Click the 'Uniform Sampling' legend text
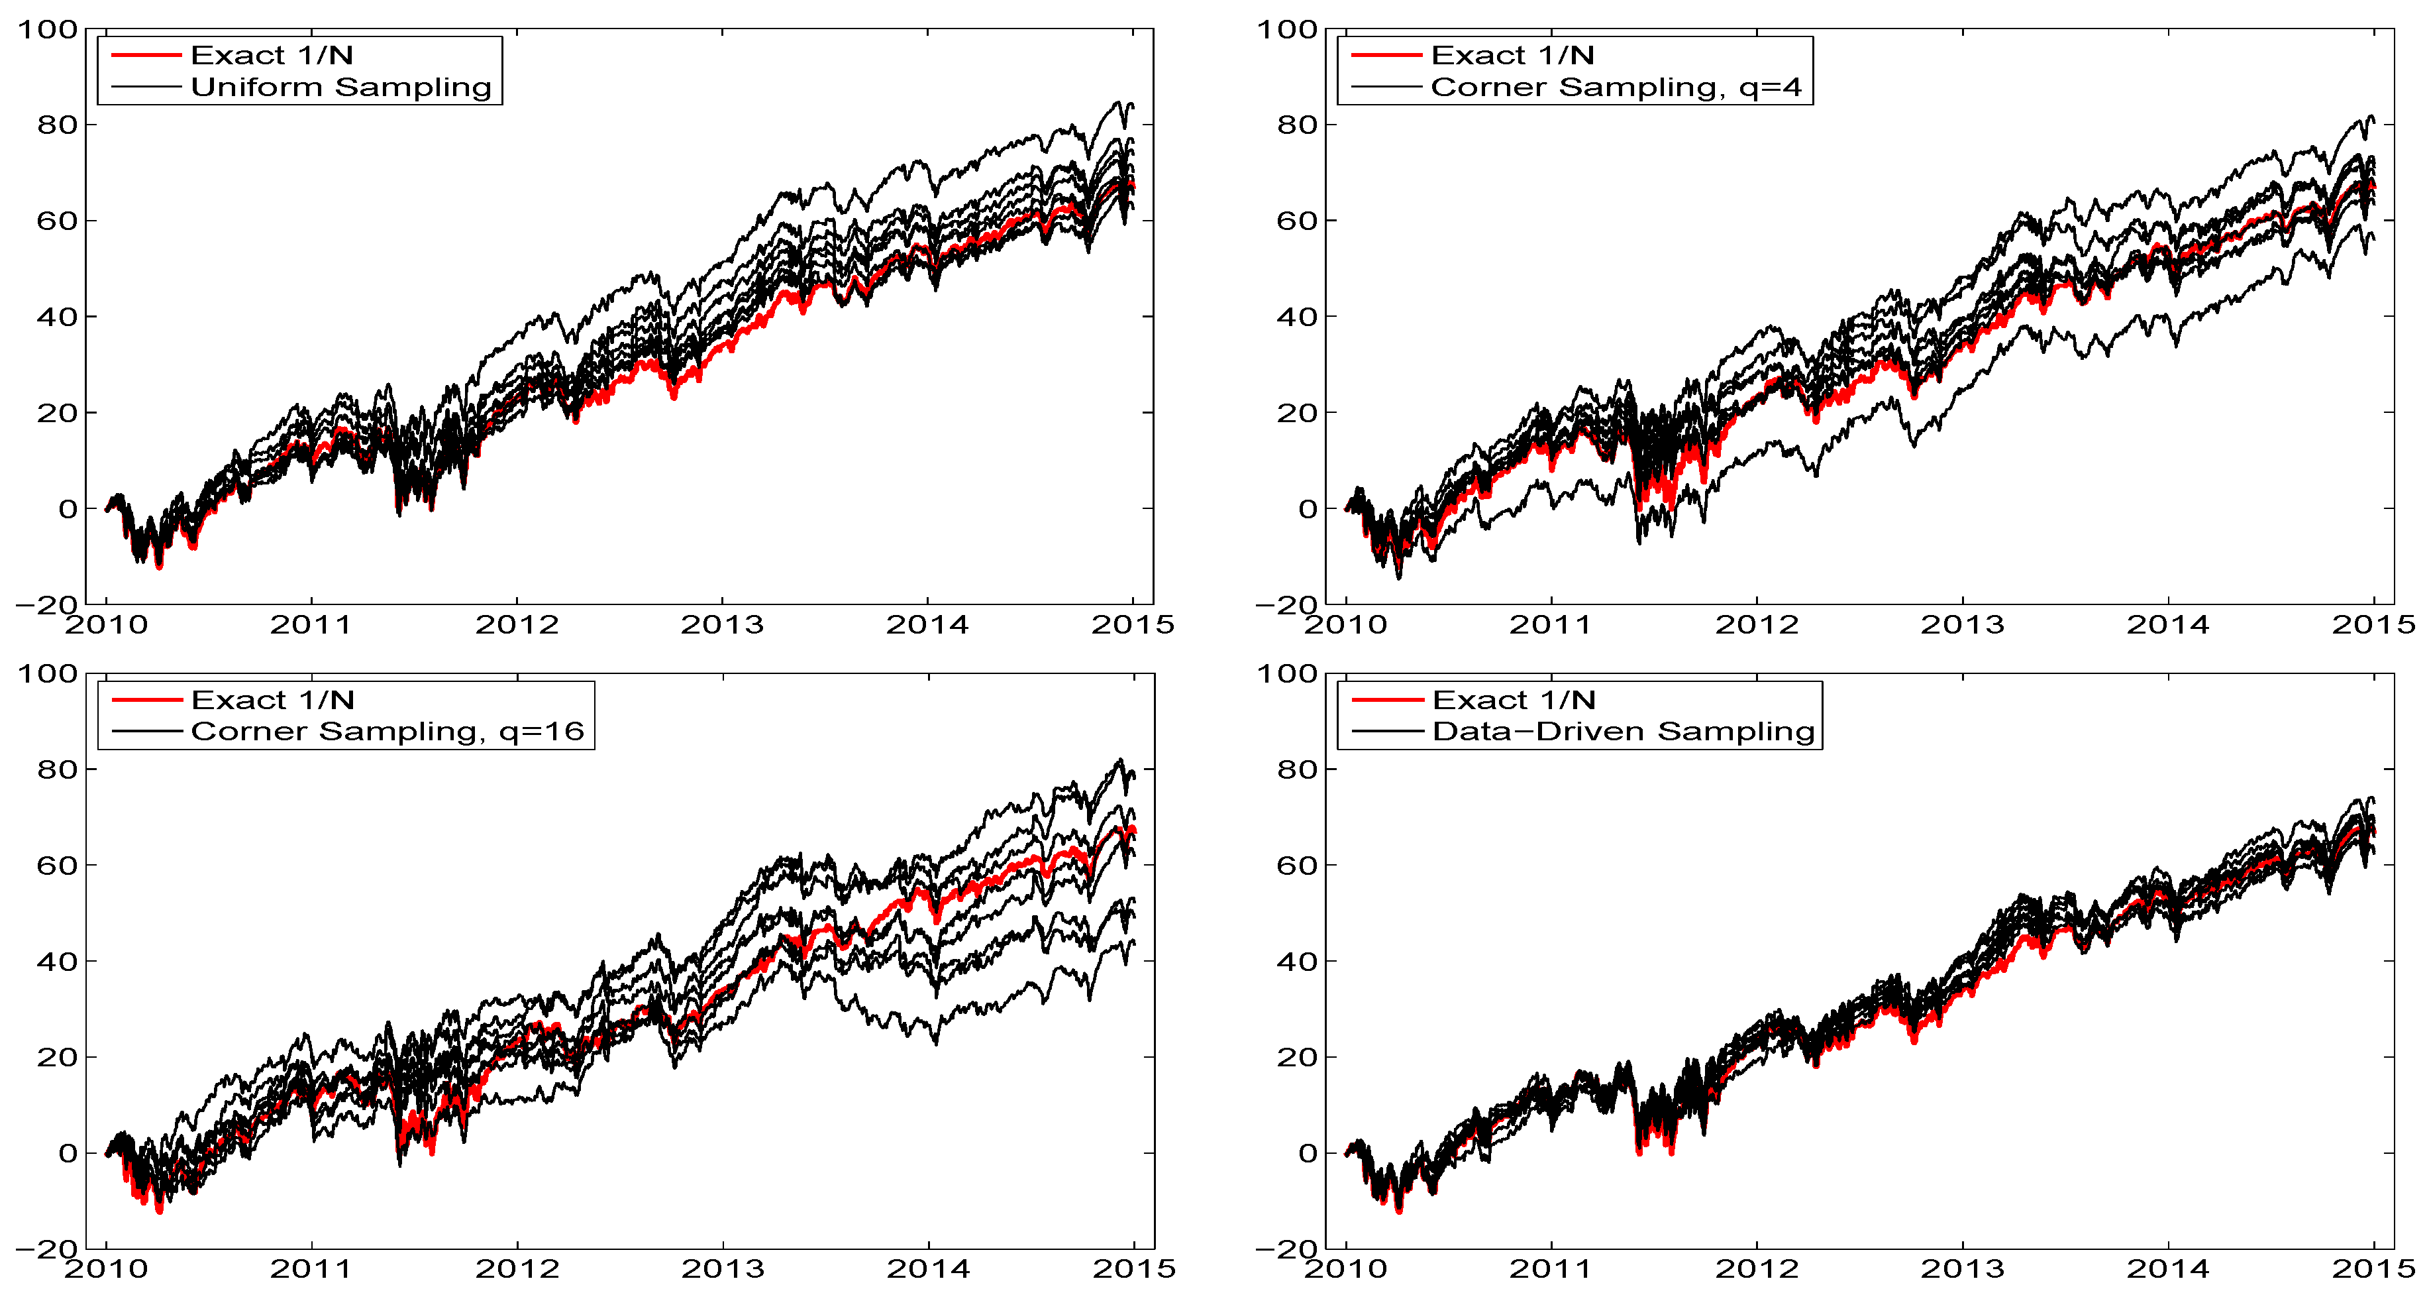(x=340, y=87)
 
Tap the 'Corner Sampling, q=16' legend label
(x=388, y=731)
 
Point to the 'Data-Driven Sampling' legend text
(x=1623, y=731)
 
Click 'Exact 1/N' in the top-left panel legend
(x=272, y=55)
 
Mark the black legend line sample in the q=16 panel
(x=146, y=731)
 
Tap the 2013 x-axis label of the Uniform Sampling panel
(x=722, y=624)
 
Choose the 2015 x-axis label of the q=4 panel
(x=2373, y=624)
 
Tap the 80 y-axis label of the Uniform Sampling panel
(x=56, y=125)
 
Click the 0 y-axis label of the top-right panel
(x=1307, y=509)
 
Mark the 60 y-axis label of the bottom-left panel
(x=56, y=865)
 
